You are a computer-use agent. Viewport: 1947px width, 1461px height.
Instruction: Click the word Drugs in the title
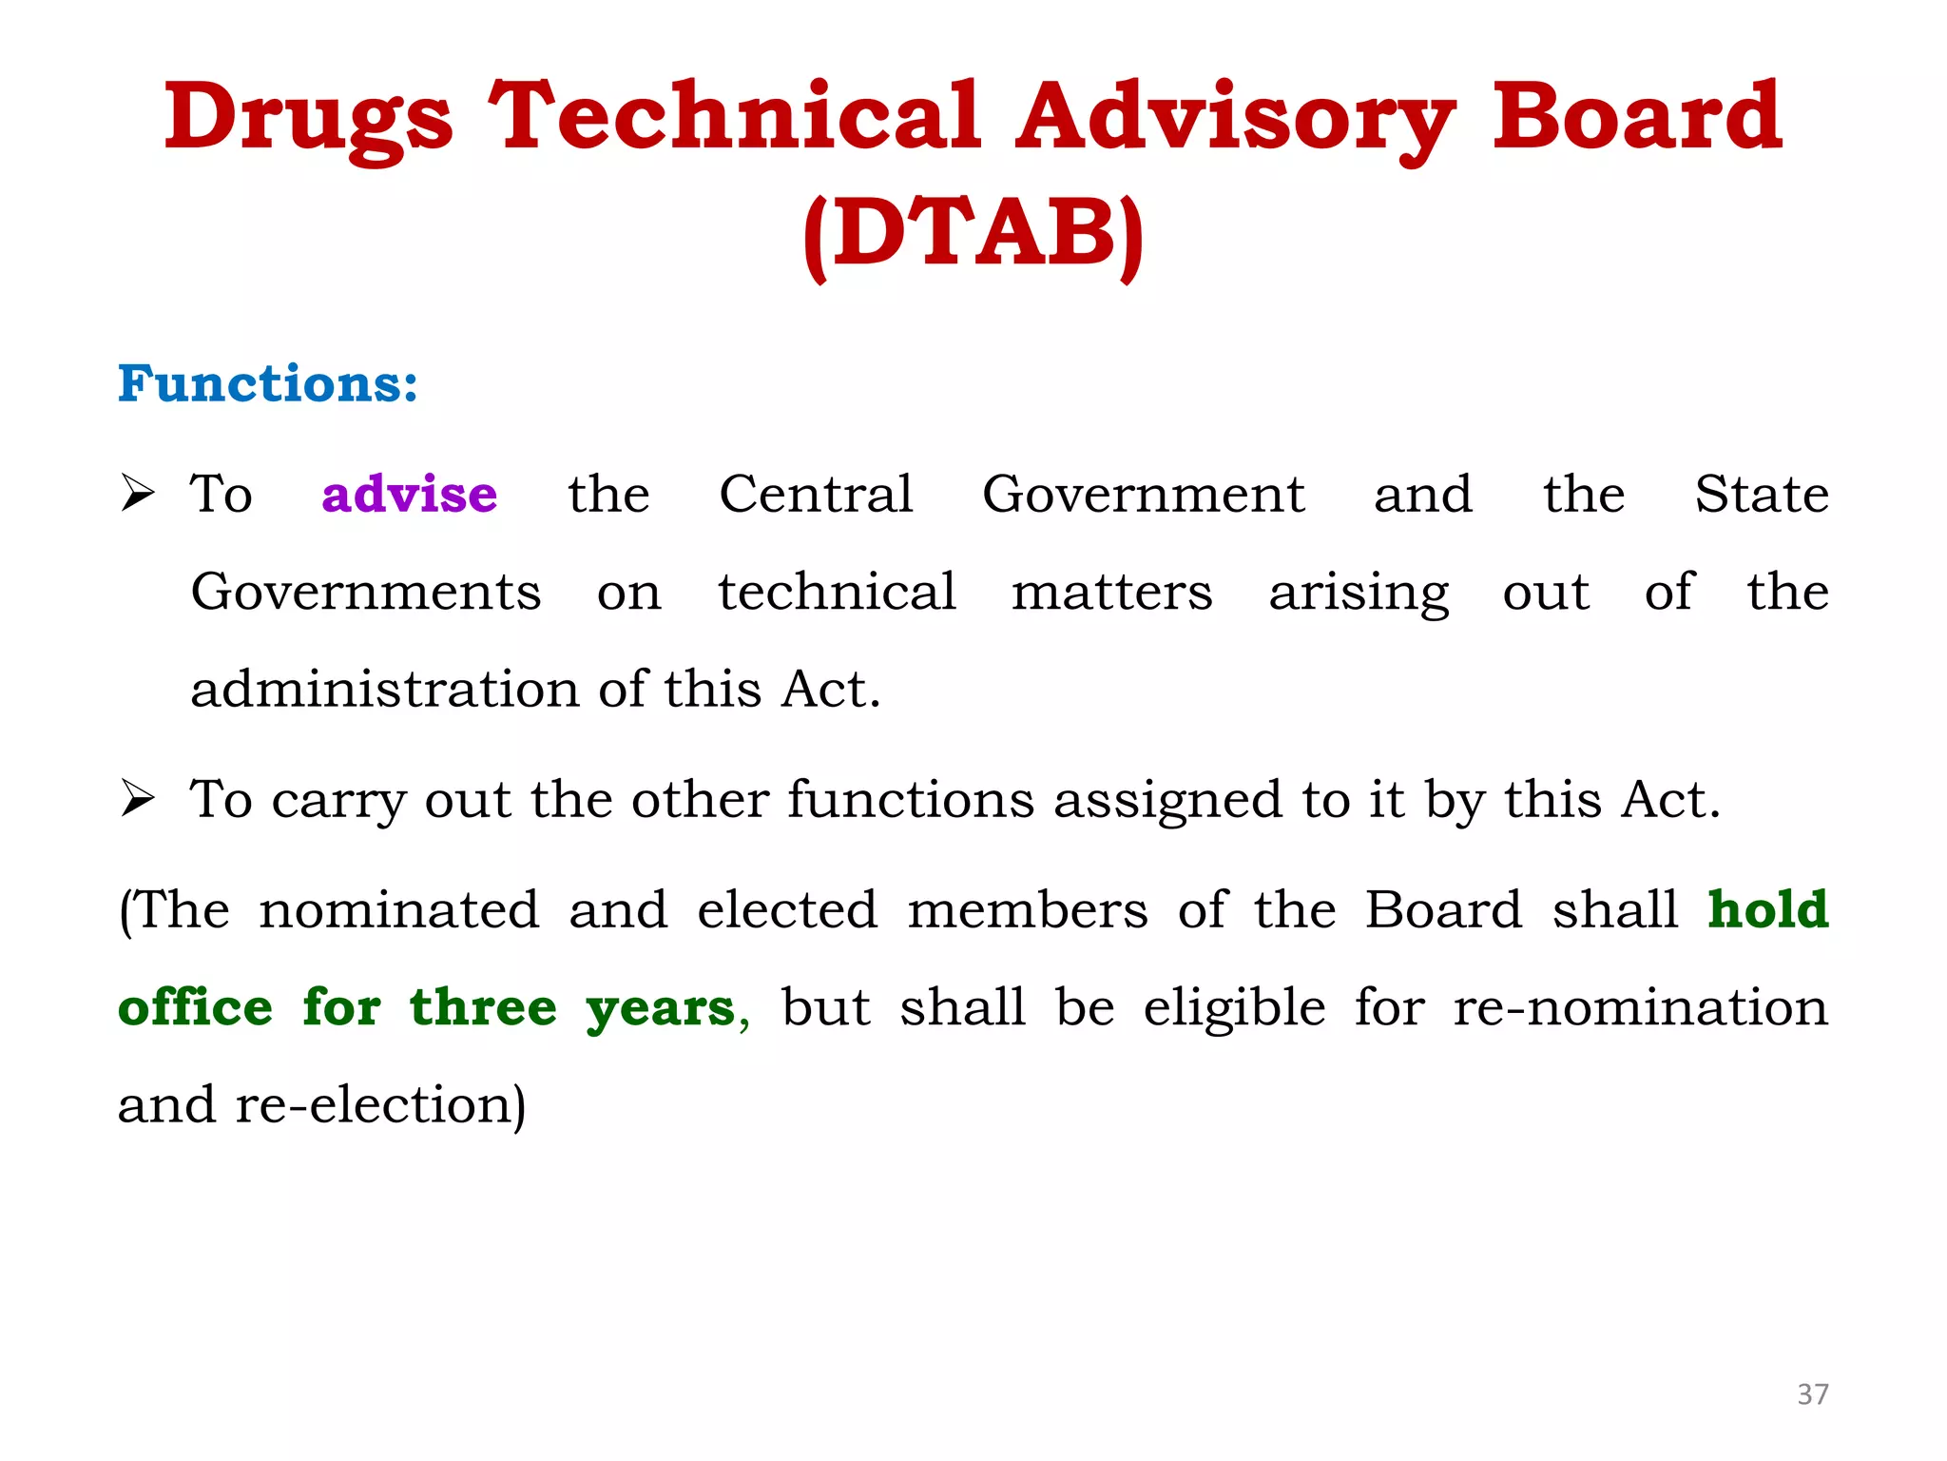point(308,119)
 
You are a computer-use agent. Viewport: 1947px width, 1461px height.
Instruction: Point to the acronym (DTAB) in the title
point(973,234)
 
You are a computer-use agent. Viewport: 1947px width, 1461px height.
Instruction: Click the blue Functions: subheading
point(267,383)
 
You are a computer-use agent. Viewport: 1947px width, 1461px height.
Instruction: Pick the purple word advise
point(409,494)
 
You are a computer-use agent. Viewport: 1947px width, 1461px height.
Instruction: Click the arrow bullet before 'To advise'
point(138,494)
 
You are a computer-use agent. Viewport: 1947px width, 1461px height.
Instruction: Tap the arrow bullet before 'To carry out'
point(138,798)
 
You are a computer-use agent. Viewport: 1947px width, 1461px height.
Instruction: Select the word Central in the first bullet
point(816,494)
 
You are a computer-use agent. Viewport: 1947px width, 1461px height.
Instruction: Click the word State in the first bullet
point(1761,494)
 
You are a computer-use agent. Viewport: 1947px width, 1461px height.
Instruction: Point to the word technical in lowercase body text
point(837,592)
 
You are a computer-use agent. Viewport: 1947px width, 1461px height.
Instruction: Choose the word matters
point(1111,592)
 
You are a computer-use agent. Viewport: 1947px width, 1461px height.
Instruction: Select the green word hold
point(1767,909)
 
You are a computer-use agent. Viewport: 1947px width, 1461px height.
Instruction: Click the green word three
point(483,1007)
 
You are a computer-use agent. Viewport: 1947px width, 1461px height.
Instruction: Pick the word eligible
point(1234,1007)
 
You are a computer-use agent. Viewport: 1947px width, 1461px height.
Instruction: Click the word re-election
point(377,1105)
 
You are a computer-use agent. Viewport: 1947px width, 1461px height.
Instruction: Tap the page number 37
point(1812,1394)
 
